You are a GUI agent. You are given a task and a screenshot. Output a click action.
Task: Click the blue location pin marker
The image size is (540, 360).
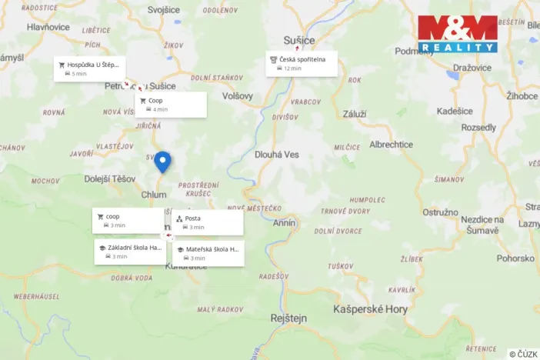point(162,162)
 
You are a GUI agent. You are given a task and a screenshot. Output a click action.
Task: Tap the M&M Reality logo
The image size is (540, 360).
point(458,34)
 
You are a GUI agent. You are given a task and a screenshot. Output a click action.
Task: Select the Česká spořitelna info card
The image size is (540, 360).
point(302,63)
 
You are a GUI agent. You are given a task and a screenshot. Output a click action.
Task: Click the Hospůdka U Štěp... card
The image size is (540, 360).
point(89,68)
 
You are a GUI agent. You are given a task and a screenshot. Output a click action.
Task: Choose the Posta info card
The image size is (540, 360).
point(207,222)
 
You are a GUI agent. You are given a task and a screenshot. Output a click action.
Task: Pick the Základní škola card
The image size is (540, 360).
point(130,252)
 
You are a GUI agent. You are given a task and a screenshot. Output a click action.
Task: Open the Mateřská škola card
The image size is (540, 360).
point(208,253)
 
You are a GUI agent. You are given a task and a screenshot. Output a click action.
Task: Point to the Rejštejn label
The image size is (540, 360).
point(289,317)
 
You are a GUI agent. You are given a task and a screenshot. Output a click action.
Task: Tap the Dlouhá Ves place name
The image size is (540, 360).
point(276,155)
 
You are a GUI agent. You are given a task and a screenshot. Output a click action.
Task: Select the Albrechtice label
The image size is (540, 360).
point(391,145)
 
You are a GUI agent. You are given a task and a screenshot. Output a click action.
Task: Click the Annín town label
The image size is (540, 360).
point(284,223)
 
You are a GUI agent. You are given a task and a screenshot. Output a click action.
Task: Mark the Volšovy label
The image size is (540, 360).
point(237,96)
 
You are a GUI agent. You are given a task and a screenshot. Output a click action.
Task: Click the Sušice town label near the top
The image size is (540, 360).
point(298,39)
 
